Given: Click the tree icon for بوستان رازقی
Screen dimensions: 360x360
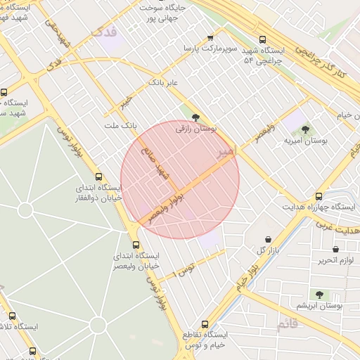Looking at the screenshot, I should (195, 118).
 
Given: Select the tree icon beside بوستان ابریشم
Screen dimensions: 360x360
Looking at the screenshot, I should (319, 295).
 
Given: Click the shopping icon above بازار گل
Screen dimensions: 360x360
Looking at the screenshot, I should (268, 239).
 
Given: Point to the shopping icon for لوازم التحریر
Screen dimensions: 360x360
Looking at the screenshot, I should (335, 249).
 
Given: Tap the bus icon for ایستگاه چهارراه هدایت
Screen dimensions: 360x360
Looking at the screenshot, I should (319, 196).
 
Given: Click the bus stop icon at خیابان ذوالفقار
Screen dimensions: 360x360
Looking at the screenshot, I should (98, 177).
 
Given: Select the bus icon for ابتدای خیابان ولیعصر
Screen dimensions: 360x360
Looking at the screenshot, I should (136, 244).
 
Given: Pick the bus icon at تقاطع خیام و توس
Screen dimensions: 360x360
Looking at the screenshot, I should (205, 324).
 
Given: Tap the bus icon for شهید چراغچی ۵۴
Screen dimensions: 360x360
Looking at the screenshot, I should (262, 40).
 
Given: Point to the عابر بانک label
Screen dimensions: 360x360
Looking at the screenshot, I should (162, 83).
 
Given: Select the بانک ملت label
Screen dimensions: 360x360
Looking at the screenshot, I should (119, 125).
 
